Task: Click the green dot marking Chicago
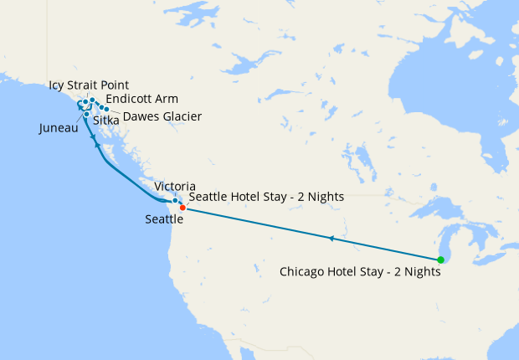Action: [441, 260]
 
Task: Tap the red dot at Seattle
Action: [182, 208]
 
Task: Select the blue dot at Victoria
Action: [174, 201]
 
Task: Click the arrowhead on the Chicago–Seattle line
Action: [332, 239]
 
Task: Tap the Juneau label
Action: [59, 129]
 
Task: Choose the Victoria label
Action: [176, 186]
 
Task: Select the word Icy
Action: [58, 85]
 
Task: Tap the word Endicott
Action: [130, 99]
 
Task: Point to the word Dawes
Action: [141, 116]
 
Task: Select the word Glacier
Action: [181, 116]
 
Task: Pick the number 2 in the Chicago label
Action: [393, 271]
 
